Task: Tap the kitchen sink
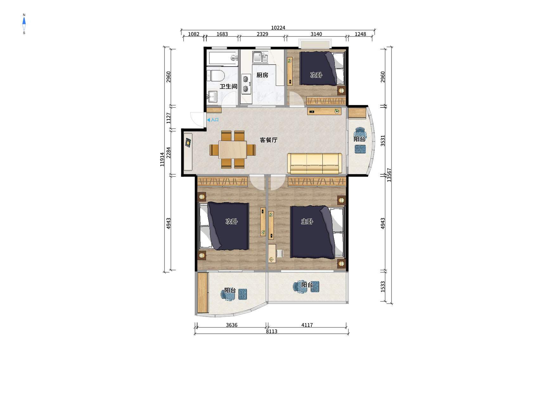coord(260,57)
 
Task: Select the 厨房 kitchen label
coord(262,75)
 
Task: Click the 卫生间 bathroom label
coord(228,86)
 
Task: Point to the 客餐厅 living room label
coord(268,140)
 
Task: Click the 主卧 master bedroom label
coord(307,221)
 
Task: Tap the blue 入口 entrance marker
coord(213,120)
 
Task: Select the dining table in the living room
coord(233,150)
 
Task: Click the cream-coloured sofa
coord(314,164)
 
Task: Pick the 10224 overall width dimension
coord(278,28)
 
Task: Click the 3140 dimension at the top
coord(316,34)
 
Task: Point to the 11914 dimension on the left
coord(162,159)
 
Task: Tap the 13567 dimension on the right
coord(389,175)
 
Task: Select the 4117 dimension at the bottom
coord(307,325)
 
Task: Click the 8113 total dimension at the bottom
coord(271,331)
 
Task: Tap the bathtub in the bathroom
coord(223,58)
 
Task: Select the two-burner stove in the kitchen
coord(246,84)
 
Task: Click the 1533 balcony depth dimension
coord(383,287)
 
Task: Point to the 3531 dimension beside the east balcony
coord(383,140)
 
